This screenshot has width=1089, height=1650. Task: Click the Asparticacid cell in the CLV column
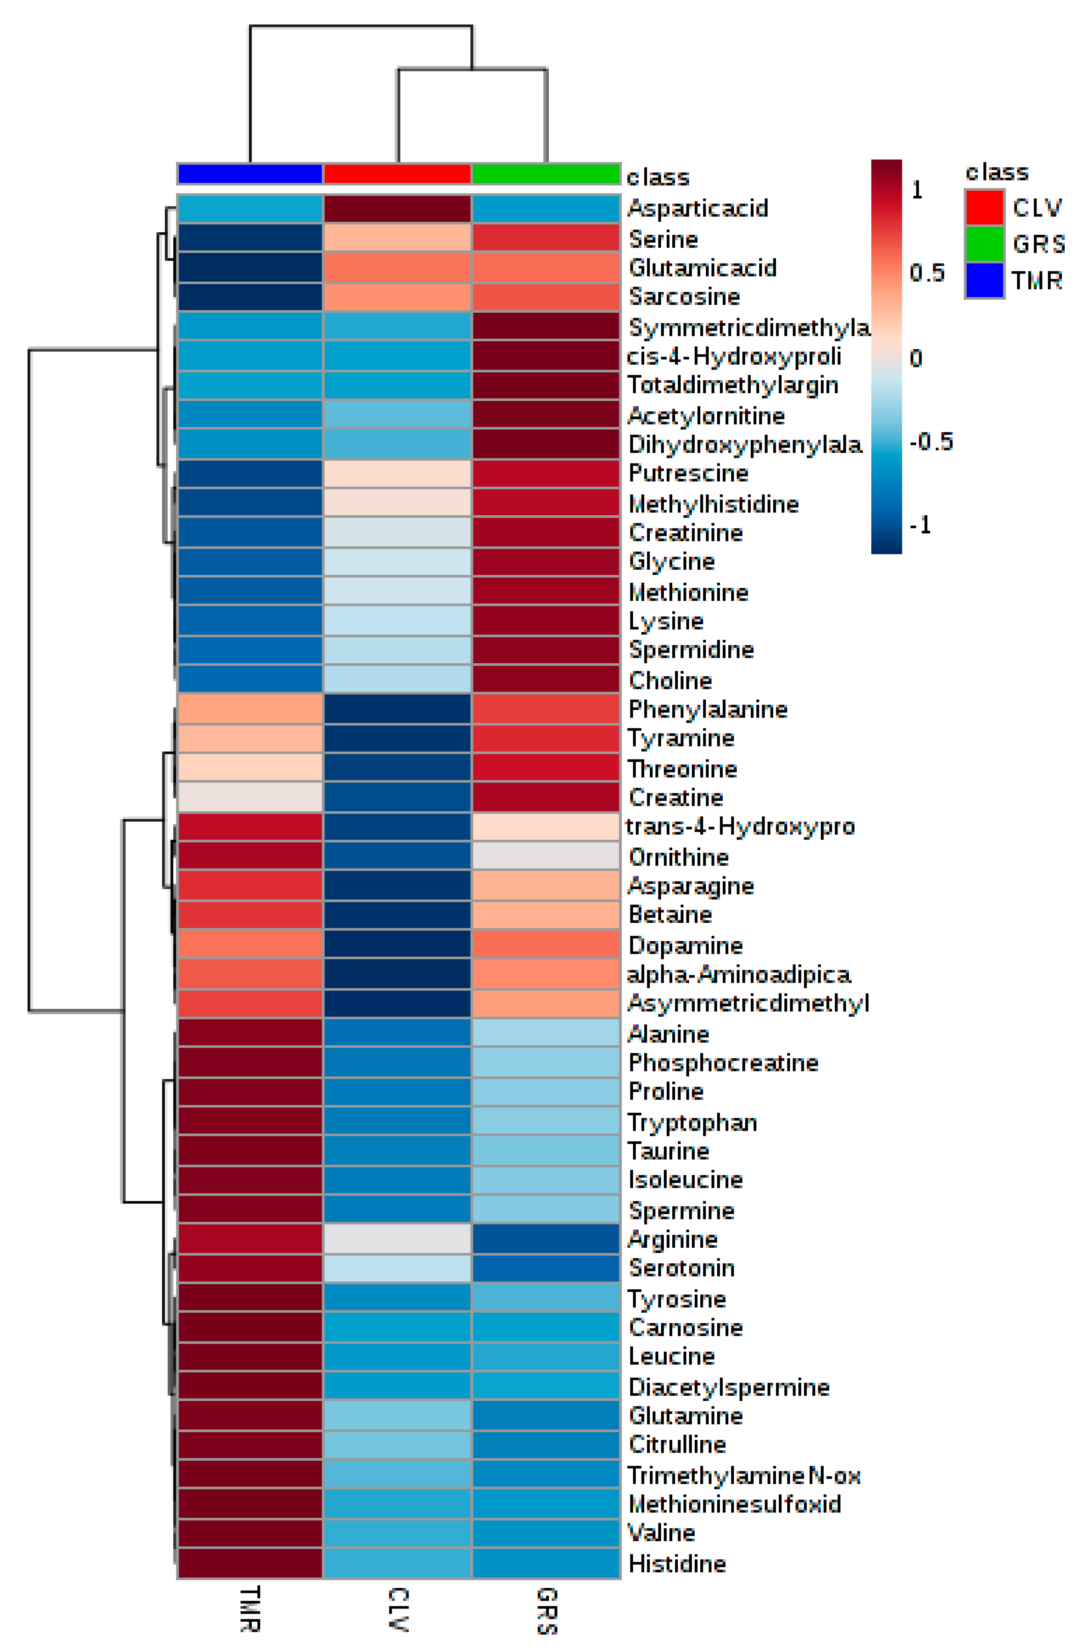[x=397, y=209]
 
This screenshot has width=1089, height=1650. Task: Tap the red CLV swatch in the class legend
[x=984, y=207]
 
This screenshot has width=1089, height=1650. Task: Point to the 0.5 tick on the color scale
[x=927, y=272]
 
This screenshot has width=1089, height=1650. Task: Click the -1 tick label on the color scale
[x=921, y=525]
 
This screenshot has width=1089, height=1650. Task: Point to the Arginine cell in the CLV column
[x=397, y=1239]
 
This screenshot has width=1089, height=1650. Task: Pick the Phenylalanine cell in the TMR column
[x=250, y=709]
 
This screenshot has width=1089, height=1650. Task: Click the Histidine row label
[x=677, y=1563]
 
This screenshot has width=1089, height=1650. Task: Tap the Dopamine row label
[x=685, y=945]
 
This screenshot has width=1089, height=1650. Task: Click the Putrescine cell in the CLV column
[x=397, y=473]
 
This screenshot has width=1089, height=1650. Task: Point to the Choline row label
[x=670, y=680]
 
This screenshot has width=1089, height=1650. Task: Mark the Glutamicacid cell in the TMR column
[x=250, y=267]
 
